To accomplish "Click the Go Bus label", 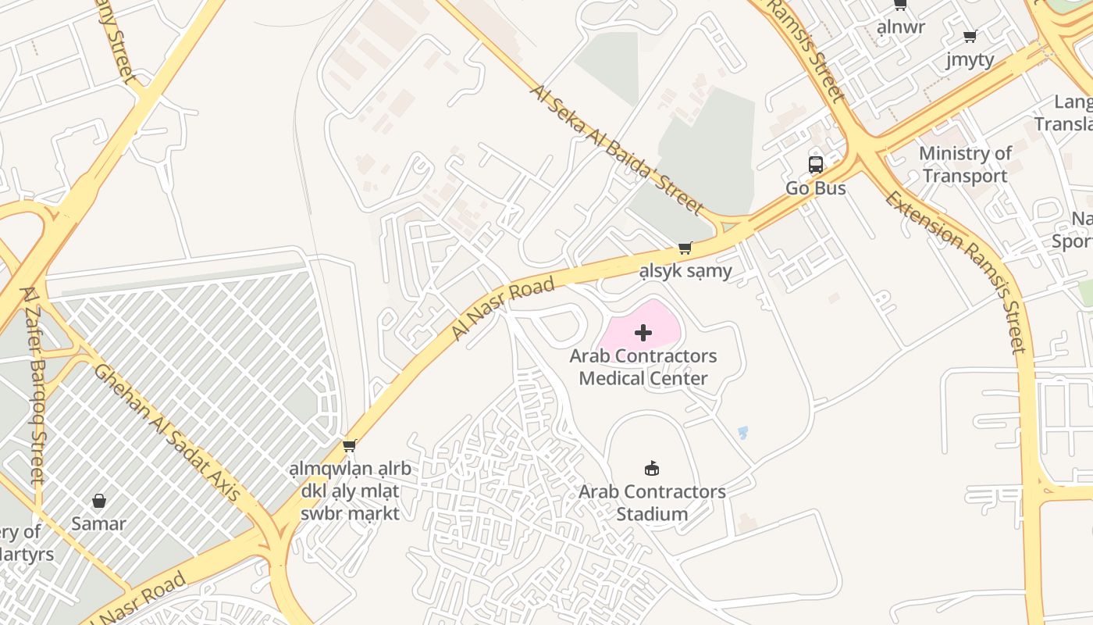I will click(815, 188).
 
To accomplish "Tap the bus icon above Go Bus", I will click(816, 165).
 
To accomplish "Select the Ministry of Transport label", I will click(965, 165).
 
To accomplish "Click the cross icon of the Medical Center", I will click(643, 334).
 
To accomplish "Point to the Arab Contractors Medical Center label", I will click(643, 367).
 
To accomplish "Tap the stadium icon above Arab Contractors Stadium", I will click(652, 469).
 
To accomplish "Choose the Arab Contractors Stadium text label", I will click(652, 503).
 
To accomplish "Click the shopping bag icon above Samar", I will click(99, 501).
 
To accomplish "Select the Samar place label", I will click(98, 523).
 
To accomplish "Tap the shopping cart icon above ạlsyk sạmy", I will click(685, 248).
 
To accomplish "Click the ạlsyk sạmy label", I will click(685, 271).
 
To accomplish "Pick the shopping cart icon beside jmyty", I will click(970, 36).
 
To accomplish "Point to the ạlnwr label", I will click(900, 27).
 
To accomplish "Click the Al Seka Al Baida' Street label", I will click(617, 148).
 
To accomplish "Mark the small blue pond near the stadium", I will click(742, 432).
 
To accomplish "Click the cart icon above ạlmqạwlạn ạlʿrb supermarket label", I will click(350, 446).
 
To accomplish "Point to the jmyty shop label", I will click(970, 59).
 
